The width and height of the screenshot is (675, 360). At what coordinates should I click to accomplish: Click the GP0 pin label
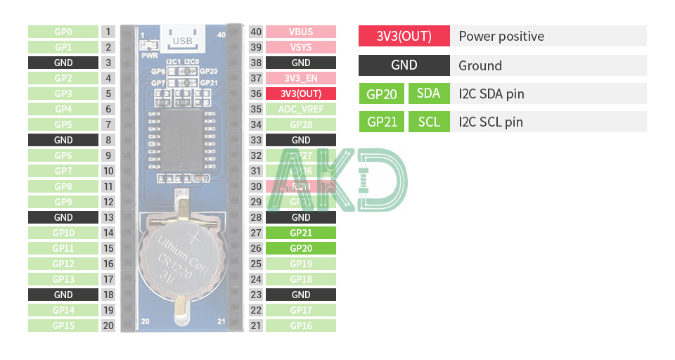(x=63, y=32)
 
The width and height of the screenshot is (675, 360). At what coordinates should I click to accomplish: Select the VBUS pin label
(x=300, y=32)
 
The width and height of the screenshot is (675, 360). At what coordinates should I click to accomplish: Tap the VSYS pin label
(x=300, y=47)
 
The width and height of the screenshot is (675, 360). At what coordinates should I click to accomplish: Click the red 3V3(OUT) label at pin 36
(x=300, y=94)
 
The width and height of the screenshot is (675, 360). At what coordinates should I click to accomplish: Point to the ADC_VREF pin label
(x=300, y=109)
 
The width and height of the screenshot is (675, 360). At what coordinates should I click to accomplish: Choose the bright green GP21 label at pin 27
(x=300, y=233)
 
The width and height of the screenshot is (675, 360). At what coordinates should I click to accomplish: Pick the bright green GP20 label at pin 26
(x=300, y=248)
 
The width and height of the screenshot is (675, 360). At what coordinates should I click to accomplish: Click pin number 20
(x=108, y=326)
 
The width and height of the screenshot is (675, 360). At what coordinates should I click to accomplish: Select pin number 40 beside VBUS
(x=256, y=32)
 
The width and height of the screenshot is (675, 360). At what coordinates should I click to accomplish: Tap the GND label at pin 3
(x=63, y=63)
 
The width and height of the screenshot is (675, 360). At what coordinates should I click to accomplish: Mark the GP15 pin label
(x=63, y=326)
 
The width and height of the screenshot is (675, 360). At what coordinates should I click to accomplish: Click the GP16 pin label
(x=300, y=326)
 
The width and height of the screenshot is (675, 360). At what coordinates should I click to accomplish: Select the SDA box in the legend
(x=428, y=94)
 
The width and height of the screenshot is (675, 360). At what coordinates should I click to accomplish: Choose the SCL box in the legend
(x=428, y=122)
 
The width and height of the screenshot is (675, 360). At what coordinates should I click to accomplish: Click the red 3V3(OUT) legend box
(x=404, y=37)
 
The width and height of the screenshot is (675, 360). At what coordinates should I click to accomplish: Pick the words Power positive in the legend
(x=501, y=37)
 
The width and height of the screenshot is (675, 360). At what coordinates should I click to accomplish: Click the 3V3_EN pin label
(x=300, y=78)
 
